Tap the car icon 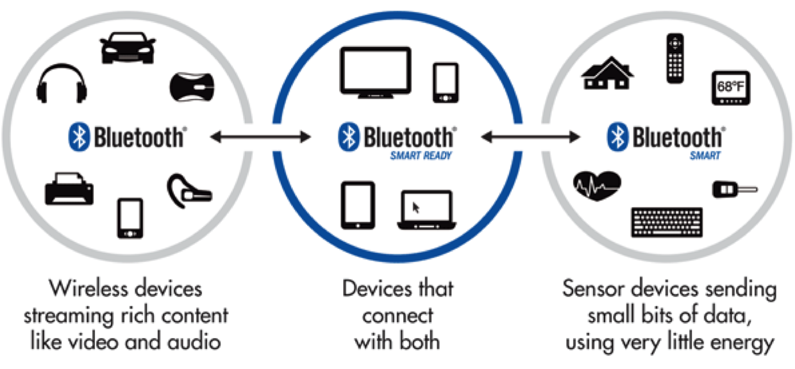pyautogui.click(x=128, y=49)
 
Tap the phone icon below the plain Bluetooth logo pyautogui.click(x=130, y=217)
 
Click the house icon pyautogui.click(x=607, y=73)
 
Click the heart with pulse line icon pyautogui.click(x=596, y=185)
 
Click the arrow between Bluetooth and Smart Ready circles pyautogui.click(x=260, y=136)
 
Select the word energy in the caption pyautogui.click(x=741, y=341)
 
